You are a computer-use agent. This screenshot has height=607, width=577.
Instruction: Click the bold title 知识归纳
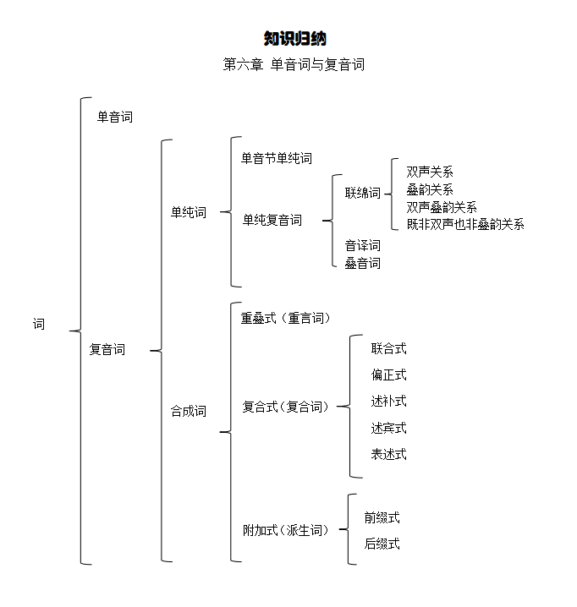[295, 38]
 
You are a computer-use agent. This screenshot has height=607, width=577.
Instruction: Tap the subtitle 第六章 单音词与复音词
[294, 64]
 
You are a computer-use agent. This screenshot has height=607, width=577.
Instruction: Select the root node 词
[39, 324]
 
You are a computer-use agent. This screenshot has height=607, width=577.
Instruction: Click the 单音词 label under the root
[115, 117]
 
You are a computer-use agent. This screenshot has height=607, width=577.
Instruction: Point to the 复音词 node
[107, 349]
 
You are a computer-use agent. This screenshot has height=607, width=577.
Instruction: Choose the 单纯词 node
[189, 212]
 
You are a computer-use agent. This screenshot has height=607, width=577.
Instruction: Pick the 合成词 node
[189, 411]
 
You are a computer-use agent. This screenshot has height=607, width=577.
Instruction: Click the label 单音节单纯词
[277, 158]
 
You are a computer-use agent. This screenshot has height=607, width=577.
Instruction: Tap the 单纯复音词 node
[272, 220]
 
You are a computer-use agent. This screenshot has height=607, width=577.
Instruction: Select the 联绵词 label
[363, 193]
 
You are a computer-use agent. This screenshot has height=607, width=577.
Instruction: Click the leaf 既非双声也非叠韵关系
[465, 224]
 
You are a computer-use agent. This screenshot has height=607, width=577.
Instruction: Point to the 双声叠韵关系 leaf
[442, 207]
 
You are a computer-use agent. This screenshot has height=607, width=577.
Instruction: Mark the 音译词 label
[363, 245]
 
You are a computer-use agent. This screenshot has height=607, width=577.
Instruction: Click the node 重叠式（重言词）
[286, 318]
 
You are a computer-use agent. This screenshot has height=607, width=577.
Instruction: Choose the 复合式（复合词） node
[286, 407]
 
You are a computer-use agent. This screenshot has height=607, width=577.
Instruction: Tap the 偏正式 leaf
[388, 375]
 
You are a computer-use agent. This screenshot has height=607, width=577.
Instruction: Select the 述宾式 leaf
[388, 428]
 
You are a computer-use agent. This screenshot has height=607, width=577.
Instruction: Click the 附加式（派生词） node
[286, 530]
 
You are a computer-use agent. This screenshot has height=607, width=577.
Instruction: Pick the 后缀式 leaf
[382, 544]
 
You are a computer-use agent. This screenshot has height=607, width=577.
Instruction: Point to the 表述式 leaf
[388, 454]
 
